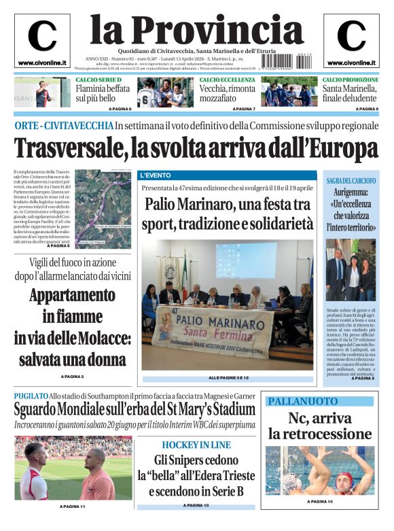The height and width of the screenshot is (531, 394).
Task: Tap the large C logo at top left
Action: click(42, 36)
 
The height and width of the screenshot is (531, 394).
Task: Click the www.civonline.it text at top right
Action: click(351, 63)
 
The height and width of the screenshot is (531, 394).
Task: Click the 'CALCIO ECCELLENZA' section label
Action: click(227, 80)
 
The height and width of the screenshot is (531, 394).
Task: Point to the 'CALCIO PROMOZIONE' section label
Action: click(350, 80)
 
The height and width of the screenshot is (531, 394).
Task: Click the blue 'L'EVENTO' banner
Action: click(156, 175)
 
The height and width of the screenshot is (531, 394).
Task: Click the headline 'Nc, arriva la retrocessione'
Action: click(320, 426)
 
